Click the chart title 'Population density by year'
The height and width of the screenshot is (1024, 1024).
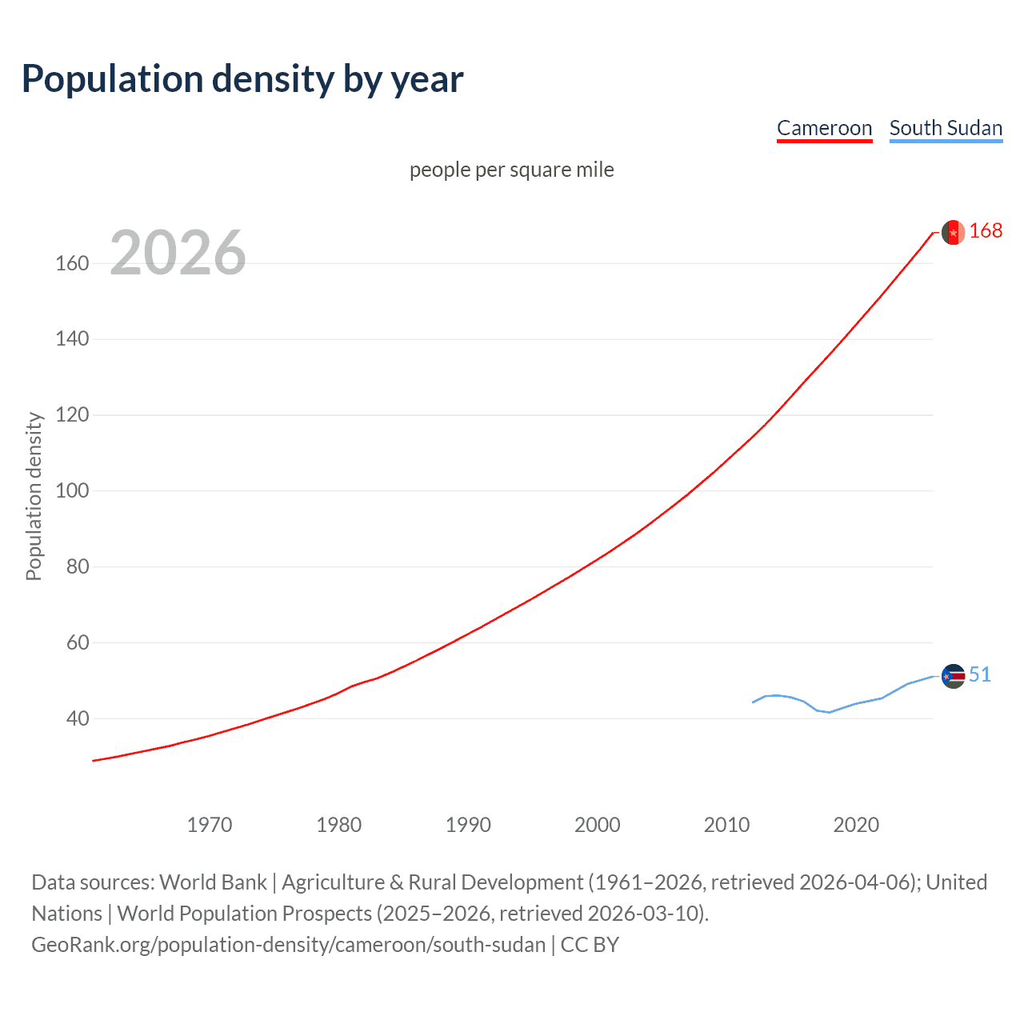tap(242, 79)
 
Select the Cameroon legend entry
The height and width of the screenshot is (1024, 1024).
tap(824, 128)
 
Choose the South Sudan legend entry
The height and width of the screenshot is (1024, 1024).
tap(946, 128)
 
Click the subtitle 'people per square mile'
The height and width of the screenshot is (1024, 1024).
tap(511, 170)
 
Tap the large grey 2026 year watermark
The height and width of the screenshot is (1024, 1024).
tap(178, 253)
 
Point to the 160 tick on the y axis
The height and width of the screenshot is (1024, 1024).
tap(72, 263)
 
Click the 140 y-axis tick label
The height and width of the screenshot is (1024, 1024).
tap(72, 339)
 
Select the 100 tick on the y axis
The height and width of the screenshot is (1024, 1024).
tap(72, 490)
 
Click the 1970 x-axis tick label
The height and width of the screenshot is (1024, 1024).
tap(210, 825)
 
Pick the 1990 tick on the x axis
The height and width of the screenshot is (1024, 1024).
tap(468, 825)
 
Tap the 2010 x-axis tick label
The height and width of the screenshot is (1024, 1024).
tap(726, 825)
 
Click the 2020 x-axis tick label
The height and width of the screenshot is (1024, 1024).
tap(856, 825)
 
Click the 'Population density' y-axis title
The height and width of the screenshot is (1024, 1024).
tap(34, 496)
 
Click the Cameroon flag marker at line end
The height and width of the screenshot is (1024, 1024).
tap(953, 232)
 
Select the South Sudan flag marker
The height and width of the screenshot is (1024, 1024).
tap(953, 676)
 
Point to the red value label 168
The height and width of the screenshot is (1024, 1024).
tap(986, 231)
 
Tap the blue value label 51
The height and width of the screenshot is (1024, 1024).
tap(980, 675)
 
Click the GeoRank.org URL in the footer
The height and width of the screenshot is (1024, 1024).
tap(288, 945)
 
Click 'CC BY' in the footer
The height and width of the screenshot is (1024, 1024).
tap(590, 945)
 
